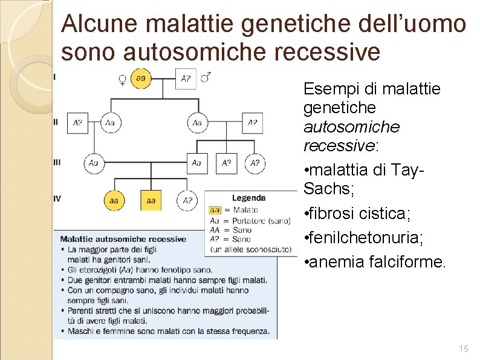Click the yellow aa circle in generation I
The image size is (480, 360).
[x=140, y=79]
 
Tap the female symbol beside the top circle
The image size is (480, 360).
[x=122, y=80]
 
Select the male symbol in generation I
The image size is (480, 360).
[x=206, y=77]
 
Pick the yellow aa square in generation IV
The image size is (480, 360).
[x=151, y=200]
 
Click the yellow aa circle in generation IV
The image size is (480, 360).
[x=114, y=200]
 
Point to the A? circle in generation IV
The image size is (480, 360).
[x=187, y=200]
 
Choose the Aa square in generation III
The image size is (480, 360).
[x=196, y=163]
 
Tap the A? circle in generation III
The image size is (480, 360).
[x=255, y=163]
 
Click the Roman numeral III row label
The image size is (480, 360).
[x=57, y=162]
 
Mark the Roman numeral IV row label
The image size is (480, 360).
[x=57, y=198]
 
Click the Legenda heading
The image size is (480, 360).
[x=248, y=198]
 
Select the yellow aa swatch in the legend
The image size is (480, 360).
[x=215, y=210]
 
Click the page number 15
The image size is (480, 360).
[x=464, y=349]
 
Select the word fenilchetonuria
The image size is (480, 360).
[x=365, y=238]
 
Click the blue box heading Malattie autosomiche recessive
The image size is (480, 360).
[x=123, y=239]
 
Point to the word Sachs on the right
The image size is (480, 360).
[x=326, y=189]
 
